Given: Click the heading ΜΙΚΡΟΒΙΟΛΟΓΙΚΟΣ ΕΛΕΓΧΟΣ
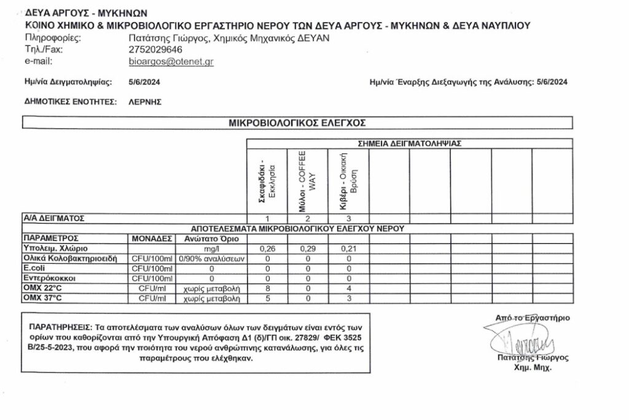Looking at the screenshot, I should pyautogui.click(x=297, y=123).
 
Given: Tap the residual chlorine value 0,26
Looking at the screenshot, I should pyautogui.click(x=267, y=249).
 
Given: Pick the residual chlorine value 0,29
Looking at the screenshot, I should pyautogui.click(x=308, y=249).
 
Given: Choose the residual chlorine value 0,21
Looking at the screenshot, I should pyautogui.click(x=348, y=249).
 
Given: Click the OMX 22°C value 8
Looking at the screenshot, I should pyautogui.click(x=267, y=288).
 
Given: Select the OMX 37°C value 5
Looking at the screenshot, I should pyautogui.click(x=267, y=299).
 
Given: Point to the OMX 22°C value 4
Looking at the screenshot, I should pyautogui.click(x=348, y=288).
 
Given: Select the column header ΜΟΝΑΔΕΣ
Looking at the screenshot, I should pyautogui.click(x=151, y=239).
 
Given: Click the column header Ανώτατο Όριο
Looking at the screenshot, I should pyautogui.click(x=211, y=239).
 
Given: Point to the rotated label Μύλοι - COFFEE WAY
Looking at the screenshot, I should pyautogui.click(x=307, y=181).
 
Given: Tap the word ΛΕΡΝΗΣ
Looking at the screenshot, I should pyautogui.click(x=145, y=102).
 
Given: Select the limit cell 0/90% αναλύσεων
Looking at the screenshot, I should pyautogui.click(x=211, y=259).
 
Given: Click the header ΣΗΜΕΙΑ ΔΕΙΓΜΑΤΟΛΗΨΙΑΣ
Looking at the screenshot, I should pyautogui.click(x=410, y=143).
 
